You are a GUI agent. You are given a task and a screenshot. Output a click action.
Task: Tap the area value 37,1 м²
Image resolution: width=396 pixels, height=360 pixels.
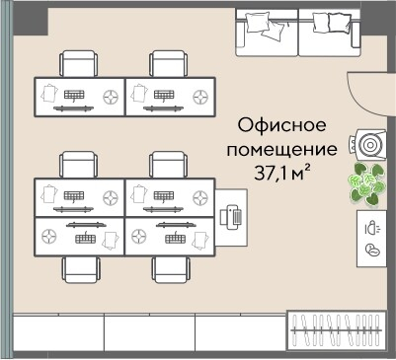tap(283, 175)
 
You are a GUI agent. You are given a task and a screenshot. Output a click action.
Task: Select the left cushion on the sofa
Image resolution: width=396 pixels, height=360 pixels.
tap(260, 21)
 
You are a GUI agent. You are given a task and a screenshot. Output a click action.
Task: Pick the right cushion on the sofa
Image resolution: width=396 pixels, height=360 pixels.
tap(330, 21)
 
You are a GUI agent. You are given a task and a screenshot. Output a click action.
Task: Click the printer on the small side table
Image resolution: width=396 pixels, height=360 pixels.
tap(233, 216)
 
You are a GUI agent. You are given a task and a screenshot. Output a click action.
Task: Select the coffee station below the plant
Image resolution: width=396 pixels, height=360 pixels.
tap(371, 237)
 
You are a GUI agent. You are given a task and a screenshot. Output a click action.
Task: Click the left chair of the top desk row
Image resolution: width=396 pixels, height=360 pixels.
tap(79, 64)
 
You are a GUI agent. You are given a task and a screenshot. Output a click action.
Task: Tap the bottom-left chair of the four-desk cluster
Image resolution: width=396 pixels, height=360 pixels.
tap(79, 268)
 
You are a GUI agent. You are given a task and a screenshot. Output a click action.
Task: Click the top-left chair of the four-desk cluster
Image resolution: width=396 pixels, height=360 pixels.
tap(79, 165)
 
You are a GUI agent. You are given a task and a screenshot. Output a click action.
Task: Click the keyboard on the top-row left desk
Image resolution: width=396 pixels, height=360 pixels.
tap(75, 95)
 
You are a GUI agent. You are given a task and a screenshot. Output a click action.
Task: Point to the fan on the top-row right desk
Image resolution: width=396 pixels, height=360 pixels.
tap(201, 97)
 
